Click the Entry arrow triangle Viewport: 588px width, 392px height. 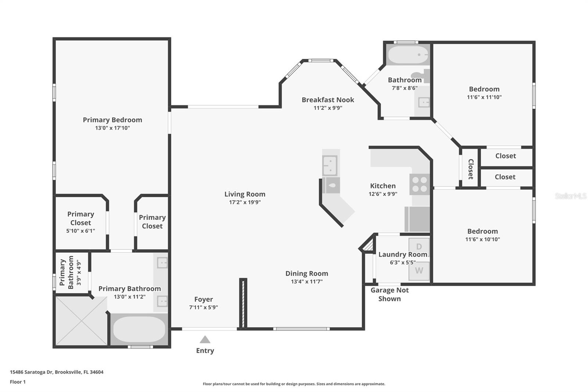(205, 339)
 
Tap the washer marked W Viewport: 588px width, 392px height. (419, 270)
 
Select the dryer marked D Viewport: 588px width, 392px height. (419, 246)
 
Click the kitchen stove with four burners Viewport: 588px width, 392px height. (419, 184)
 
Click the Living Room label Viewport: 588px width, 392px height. (245, 194)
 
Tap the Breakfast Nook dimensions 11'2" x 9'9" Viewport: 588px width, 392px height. (328, 108)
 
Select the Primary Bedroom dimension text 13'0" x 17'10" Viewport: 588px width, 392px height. (112, 128)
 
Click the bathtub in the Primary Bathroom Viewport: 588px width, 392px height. (139, 329)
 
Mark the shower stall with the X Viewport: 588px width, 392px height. (81, 321)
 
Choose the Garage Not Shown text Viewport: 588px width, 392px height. (390, 294)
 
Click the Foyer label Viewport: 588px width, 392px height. (204, 299)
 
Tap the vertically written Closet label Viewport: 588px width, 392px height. (471, 169)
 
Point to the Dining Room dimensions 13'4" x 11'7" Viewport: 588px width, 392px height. (306, 282)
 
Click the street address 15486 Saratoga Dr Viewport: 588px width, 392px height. (32, 372)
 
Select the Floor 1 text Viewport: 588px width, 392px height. (18, 382)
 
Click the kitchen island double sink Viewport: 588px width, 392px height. (330, 165)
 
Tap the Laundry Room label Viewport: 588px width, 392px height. (403, 254)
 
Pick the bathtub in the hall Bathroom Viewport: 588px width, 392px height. (408, 55)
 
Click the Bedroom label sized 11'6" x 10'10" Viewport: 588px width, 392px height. (483, 231)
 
